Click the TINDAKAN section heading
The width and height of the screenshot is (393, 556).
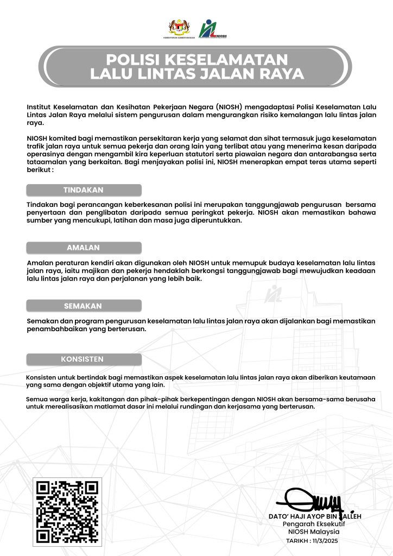point(84,190)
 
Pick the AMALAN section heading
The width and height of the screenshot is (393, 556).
point(84,248)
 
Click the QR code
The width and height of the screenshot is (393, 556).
point(67,511)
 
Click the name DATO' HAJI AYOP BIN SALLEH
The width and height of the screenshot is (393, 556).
point(315,516)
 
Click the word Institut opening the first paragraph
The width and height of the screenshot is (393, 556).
point(39,106)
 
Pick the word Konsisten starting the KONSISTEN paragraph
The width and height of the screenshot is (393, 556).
point(42,377)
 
